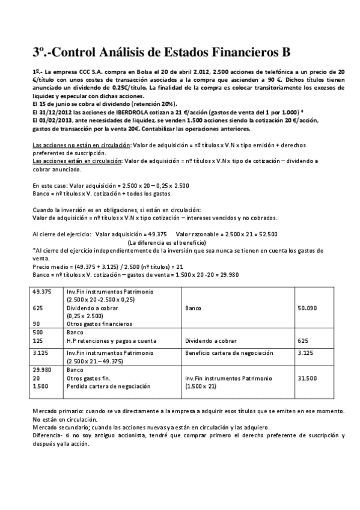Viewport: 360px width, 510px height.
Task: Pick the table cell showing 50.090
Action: pyautogui.click(x=307, y=308)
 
